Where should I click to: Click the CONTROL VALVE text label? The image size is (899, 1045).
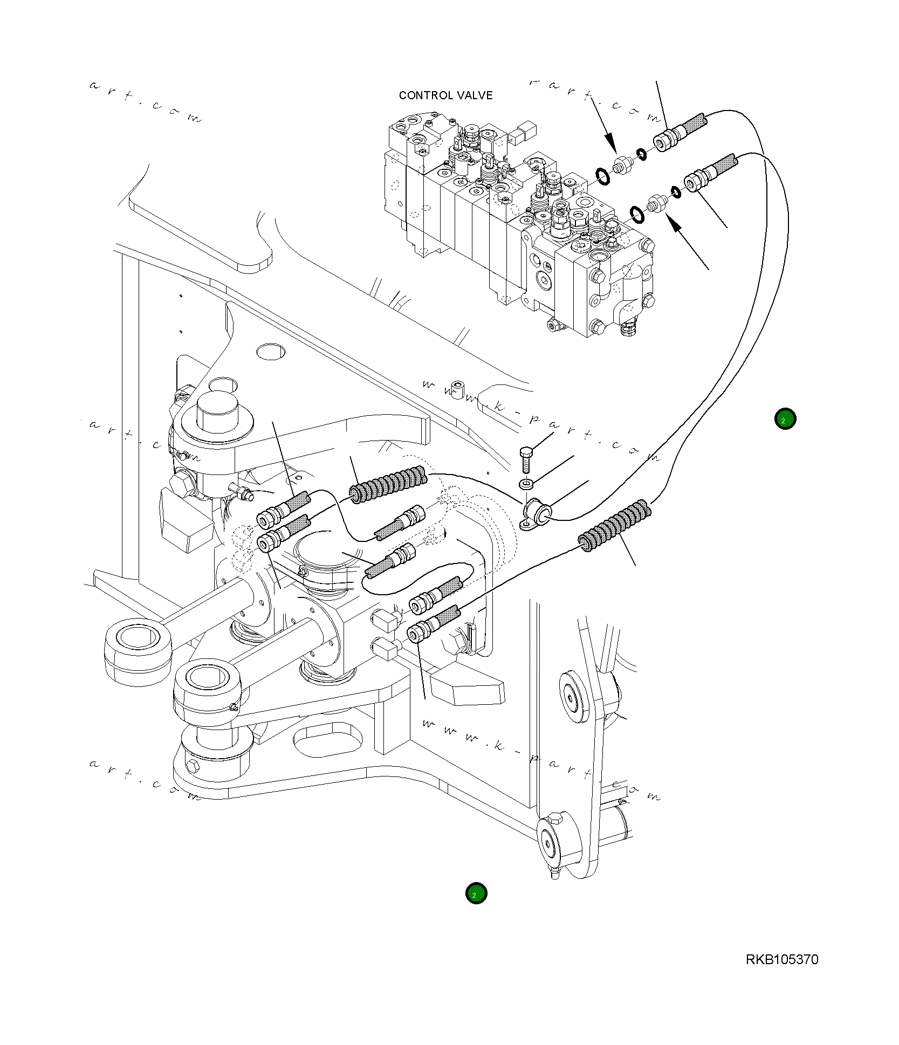[x=445, y=95]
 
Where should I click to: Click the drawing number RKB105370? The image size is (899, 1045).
[x=782, y=959]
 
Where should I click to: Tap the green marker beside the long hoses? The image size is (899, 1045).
[x=785, y=419]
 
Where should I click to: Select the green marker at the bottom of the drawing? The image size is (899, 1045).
[x=476, y=894]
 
